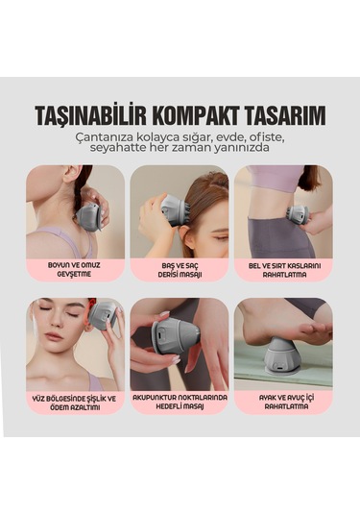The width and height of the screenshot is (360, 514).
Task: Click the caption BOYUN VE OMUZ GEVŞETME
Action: click(75, 270)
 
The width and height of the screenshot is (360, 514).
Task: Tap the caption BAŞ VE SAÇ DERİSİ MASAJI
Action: click(180, 270)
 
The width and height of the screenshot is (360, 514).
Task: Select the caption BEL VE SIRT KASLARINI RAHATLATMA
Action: click(283, 270)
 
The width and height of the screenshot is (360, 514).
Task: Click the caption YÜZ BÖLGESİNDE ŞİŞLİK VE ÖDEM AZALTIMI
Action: click(75, 402)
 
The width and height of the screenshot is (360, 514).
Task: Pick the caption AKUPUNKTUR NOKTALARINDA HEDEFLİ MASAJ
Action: click(180, 402)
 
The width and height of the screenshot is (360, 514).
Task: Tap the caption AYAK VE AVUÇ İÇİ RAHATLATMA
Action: click(283, 402)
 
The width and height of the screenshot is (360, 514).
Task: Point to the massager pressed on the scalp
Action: click(174, 209)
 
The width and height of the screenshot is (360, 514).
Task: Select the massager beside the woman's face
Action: click(104, 314)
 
